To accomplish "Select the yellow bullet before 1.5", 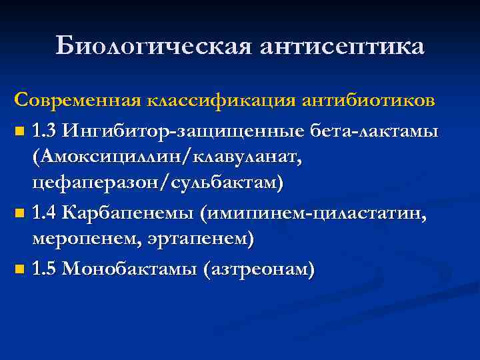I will tap(20, 271).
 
